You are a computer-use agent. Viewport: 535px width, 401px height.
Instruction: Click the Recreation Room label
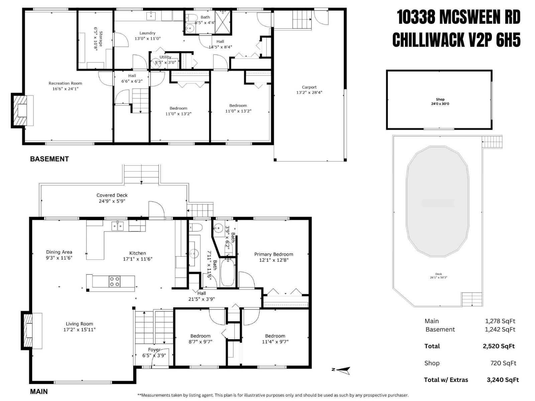(x=65, y=83)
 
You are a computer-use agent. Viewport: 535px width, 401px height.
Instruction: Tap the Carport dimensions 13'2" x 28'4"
(x=309, y=93)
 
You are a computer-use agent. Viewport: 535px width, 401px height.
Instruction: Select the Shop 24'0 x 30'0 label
(x=440, y=101)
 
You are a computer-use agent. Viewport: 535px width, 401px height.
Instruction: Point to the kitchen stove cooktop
(x=115, y=281)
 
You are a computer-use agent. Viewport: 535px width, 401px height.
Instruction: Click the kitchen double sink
(x=117, y=226)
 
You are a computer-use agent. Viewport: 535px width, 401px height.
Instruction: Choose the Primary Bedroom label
(x=274, y=254)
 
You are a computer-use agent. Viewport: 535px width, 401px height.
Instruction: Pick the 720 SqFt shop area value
(x=503, y=363)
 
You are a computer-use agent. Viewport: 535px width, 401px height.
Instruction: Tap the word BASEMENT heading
(x=49, y=159)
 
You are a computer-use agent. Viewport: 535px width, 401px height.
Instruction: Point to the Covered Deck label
(x=112, y=195)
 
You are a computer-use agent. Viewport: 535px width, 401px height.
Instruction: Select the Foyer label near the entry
(x=154, y=350)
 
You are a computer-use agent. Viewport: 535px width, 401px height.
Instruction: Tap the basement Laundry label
(x=147, y=33)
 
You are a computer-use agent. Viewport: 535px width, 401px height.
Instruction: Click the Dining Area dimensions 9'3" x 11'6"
(x=59, y=258)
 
